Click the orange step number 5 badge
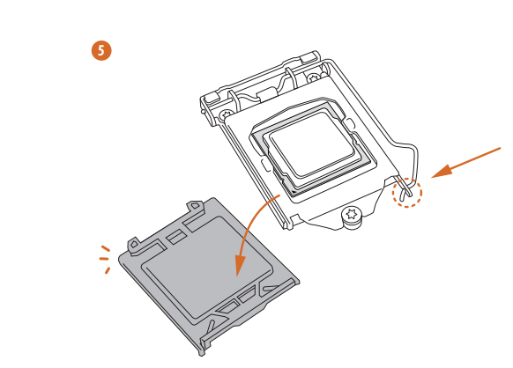[x=101, y=51]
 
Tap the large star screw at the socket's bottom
[x=352, y=215]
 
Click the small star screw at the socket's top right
[x=313, y=78]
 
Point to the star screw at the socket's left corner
[x=226, y=114]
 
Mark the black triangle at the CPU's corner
[x=294, y=192]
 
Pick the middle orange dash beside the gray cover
[x=104, y=259]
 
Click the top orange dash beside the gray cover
[x=106, y=249]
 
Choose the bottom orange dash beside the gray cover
[x=108, y=270]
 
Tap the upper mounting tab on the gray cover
[x=194, y=207]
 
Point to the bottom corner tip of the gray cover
[x=202, y=354]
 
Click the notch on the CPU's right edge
[x=349, y=124]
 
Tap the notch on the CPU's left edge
[x=265, y=164]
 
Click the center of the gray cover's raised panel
[x=207, y=267]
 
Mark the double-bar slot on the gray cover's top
[x=175, y=236]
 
